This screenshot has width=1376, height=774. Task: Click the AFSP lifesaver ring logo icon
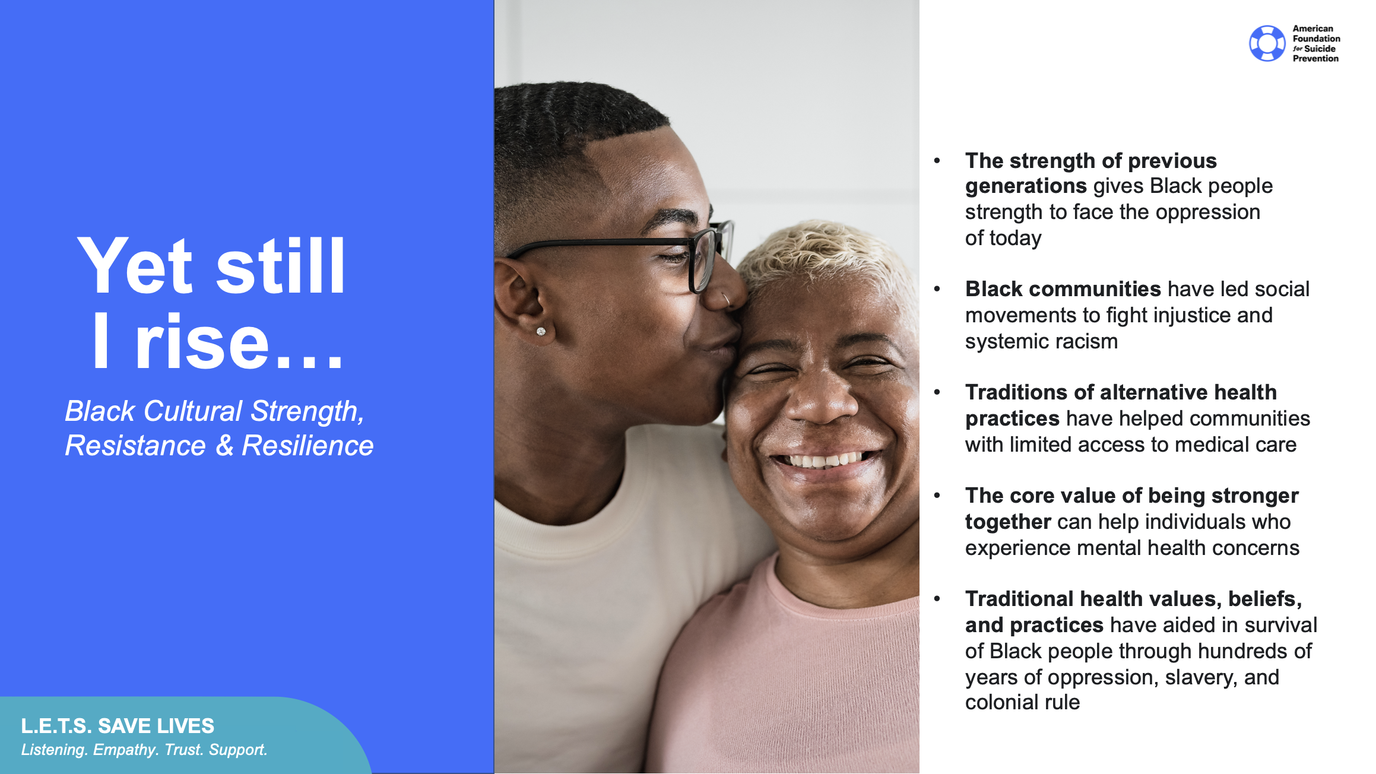[1267, 43]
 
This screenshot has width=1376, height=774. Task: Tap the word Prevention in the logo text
[1315, 59]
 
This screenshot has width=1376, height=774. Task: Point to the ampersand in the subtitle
[224, 446]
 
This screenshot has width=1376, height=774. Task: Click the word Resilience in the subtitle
[307, 446]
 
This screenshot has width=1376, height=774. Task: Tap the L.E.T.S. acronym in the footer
[56, 726]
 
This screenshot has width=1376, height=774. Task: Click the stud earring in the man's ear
[541, 331]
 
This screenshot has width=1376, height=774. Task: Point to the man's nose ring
[726, 300]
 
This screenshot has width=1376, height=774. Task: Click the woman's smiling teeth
[822, 460]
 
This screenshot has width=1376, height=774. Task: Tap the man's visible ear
[522, 297]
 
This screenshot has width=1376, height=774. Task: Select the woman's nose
[822, 404]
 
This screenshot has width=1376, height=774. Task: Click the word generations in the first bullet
[1026, 186]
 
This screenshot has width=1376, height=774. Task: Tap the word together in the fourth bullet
[1008, 522]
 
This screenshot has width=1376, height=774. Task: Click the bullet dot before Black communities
[937, 289]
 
